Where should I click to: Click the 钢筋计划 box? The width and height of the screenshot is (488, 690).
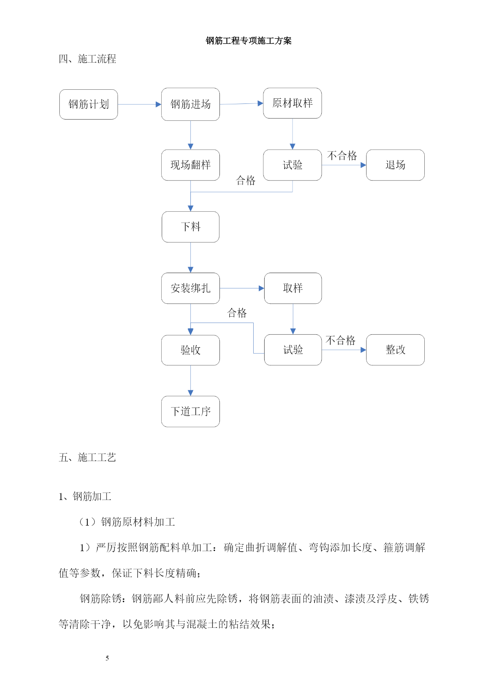coord(88,104)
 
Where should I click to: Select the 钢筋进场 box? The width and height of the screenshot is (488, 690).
coord(190,104)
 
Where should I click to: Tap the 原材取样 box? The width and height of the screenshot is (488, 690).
coord(292,103)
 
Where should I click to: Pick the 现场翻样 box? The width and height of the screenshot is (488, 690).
coord(190,165)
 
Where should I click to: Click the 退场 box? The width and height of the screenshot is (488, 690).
coord(395,165)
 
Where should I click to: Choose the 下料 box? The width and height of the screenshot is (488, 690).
coord(190,227)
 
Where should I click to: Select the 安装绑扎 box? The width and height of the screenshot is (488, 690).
coord(190,288)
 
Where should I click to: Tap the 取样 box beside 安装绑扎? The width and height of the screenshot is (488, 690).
coord(293,288)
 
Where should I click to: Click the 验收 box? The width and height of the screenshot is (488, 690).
coord(190,350)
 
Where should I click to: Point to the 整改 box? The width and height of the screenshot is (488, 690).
coord(395,350)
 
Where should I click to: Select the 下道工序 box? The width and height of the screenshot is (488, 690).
coord(190,411)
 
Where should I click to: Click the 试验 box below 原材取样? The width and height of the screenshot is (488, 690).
coord(292,165)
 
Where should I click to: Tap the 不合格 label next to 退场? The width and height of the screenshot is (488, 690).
coord(342,156)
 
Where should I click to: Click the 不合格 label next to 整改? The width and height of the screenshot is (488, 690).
coord(341,340)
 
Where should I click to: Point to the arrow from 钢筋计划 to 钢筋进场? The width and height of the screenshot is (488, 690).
coord(140,104)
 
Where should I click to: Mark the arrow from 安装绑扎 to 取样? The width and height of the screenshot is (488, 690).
coord(242,288)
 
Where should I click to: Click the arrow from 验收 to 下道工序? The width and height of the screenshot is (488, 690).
coord(191,381)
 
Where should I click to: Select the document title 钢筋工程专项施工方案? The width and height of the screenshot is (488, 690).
coord(249,41)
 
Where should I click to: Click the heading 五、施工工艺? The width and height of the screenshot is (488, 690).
coord(87,457)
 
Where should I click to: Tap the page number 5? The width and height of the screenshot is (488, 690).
coord(107,658)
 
